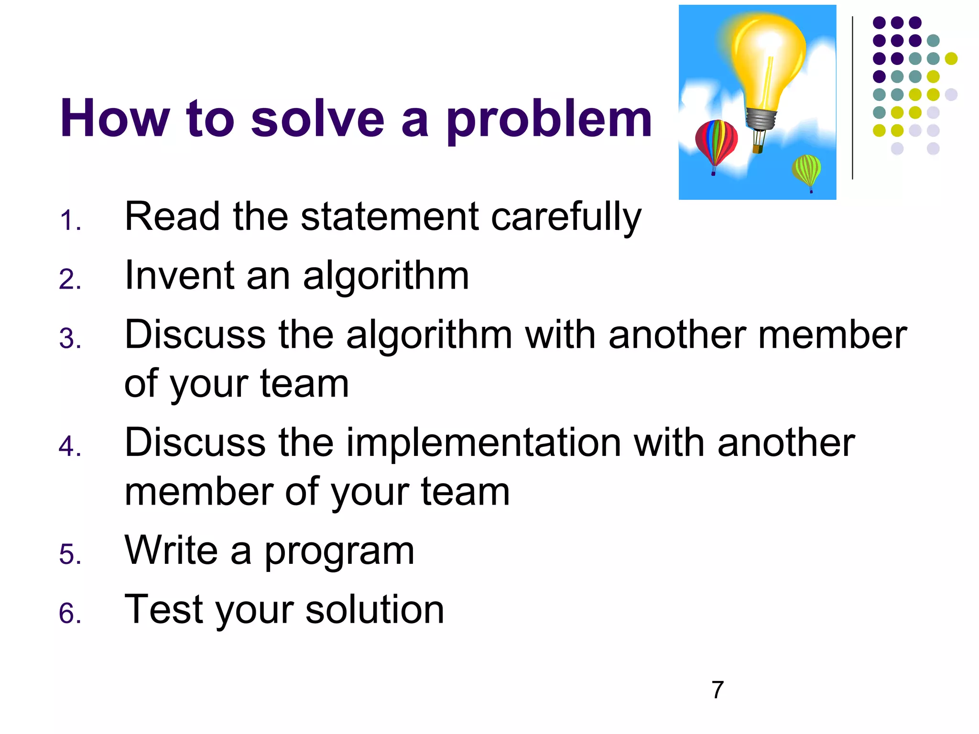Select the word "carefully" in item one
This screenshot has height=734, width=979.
[566, 218]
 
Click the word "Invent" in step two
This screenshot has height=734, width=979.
[180, 276]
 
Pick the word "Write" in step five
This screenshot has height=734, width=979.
[171, 550]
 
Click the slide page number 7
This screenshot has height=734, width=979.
[718, 690]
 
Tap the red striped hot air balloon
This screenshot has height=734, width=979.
[716, 142]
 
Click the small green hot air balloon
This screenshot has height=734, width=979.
[806, 170]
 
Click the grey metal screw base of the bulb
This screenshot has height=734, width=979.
[761, 119]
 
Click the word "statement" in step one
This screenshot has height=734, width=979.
[390, 217]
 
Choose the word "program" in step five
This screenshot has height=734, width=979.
[339, 552]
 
